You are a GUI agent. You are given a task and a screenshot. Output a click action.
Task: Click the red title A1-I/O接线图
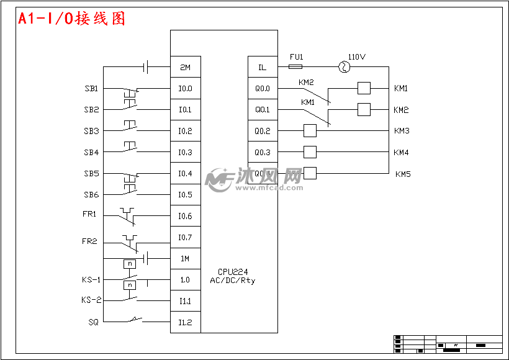[71, 19]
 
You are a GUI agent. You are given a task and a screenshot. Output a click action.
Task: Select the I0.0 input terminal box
[185, 89]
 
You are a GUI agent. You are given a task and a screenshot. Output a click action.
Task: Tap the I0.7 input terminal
[185, 238]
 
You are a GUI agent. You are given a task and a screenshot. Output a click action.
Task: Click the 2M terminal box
[185, 67]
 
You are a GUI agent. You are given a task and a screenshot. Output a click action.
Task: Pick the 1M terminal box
[185, 259]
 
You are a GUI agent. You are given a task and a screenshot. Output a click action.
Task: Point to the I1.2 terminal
[185, 323]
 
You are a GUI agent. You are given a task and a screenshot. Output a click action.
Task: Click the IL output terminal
[262, 67]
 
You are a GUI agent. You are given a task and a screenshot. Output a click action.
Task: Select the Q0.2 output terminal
[262, 131]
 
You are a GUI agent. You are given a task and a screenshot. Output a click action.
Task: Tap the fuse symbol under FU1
[296, 66]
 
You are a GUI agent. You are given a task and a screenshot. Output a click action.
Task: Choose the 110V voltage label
[357, 56]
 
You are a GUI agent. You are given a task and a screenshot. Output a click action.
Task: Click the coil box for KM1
[364, 88]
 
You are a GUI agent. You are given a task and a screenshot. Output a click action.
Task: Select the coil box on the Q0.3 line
[310, 152]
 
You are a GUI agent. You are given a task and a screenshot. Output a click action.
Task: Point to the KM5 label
[403, 174]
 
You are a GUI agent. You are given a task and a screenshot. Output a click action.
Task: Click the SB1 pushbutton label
[91, 89]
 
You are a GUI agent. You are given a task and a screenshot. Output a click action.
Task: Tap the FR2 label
[89, 241]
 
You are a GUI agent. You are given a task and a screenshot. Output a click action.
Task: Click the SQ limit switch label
[92, 322]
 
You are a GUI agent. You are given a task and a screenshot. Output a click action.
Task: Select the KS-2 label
[91, 300]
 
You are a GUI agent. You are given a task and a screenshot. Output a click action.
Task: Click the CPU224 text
[232, 272]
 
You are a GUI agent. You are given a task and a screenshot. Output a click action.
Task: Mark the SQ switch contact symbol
[133, 321]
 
